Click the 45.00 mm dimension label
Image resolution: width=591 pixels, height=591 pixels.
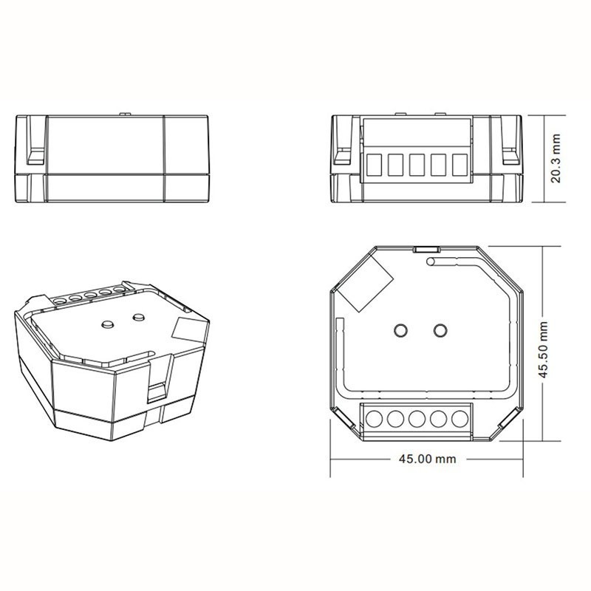click(427, 459)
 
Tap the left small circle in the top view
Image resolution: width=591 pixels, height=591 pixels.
click(401, 329)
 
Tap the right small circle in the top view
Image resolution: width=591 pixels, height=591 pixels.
click(440, 329)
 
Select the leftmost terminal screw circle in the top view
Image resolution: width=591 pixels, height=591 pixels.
click(375, 419)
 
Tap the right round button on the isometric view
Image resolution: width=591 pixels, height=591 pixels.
click(137, 318)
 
